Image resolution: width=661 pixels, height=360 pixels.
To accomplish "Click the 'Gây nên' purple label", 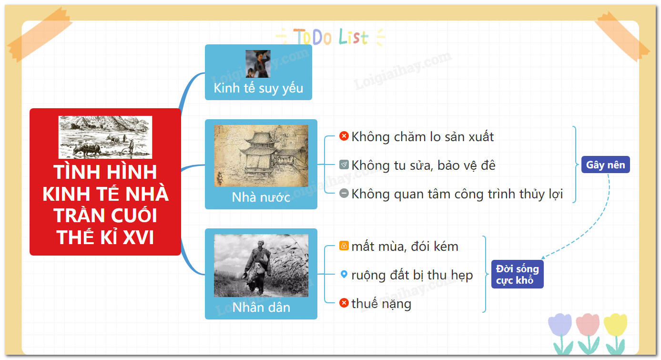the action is tap(606, 165).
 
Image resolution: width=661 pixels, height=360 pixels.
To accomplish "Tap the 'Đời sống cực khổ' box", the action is tap(517, 274).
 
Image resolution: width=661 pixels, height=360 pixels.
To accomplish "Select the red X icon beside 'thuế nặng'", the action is tap(344, 303).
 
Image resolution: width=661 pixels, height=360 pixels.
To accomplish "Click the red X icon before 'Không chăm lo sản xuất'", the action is tap(344, 136).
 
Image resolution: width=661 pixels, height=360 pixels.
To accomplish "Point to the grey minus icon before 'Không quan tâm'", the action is tap(344, 193).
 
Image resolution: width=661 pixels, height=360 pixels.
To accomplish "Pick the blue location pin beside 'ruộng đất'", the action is tap(344, 274).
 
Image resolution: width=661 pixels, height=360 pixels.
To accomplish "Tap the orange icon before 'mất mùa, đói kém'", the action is tap(344, 246).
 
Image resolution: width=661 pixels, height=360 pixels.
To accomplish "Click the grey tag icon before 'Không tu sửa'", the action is tap(344, 165).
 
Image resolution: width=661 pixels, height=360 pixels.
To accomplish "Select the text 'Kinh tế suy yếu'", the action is tap(258, 88).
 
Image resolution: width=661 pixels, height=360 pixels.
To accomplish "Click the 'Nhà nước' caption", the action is tap(261, 197).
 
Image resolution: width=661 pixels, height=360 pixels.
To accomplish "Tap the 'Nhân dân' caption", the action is tap(261, 308).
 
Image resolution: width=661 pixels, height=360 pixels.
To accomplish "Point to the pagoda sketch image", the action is tap(261, 155).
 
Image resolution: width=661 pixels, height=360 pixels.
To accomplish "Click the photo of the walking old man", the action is tap(261, 266).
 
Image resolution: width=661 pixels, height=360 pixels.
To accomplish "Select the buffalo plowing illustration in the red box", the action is tap(105, 137).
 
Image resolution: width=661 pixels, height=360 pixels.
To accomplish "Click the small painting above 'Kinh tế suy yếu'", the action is tap(258, 64).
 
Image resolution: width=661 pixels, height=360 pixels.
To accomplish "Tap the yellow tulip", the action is tap(616, 333).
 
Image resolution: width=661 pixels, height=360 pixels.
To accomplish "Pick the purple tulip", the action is tap(560, 334).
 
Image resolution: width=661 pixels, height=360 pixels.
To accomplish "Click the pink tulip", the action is tap(588, 334).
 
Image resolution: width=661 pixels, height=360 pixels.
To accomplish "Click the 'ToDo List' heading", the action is tap(331, 37).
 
